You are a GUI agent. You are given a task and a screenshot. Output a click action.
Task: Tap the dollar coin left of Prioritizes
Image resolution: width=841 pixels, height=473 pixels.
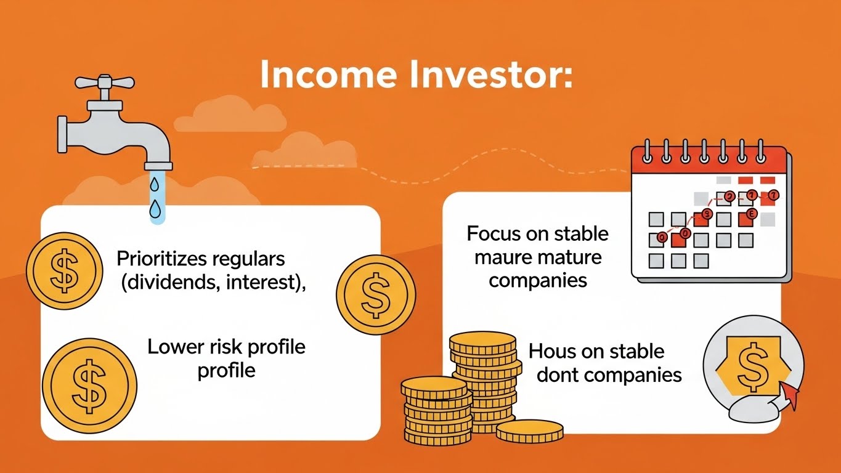(x=64, y=270)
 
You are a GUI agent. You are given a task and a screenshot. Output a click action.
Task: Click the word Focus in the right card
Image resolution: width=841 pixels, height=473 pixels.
(x=494, y=234)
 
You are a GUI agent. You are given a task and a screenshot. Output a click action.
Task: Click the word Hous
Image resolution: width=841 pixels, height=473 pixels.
(x=551, y=352)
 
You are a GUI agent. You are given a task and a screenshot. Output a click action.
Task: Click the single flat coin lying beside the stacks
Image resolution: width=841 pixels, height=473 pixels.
(x=530, y=431)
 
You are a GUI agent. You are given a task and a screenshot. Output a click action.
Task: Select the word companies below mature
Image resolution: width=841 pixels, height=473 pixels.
(x=537, y=280)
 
